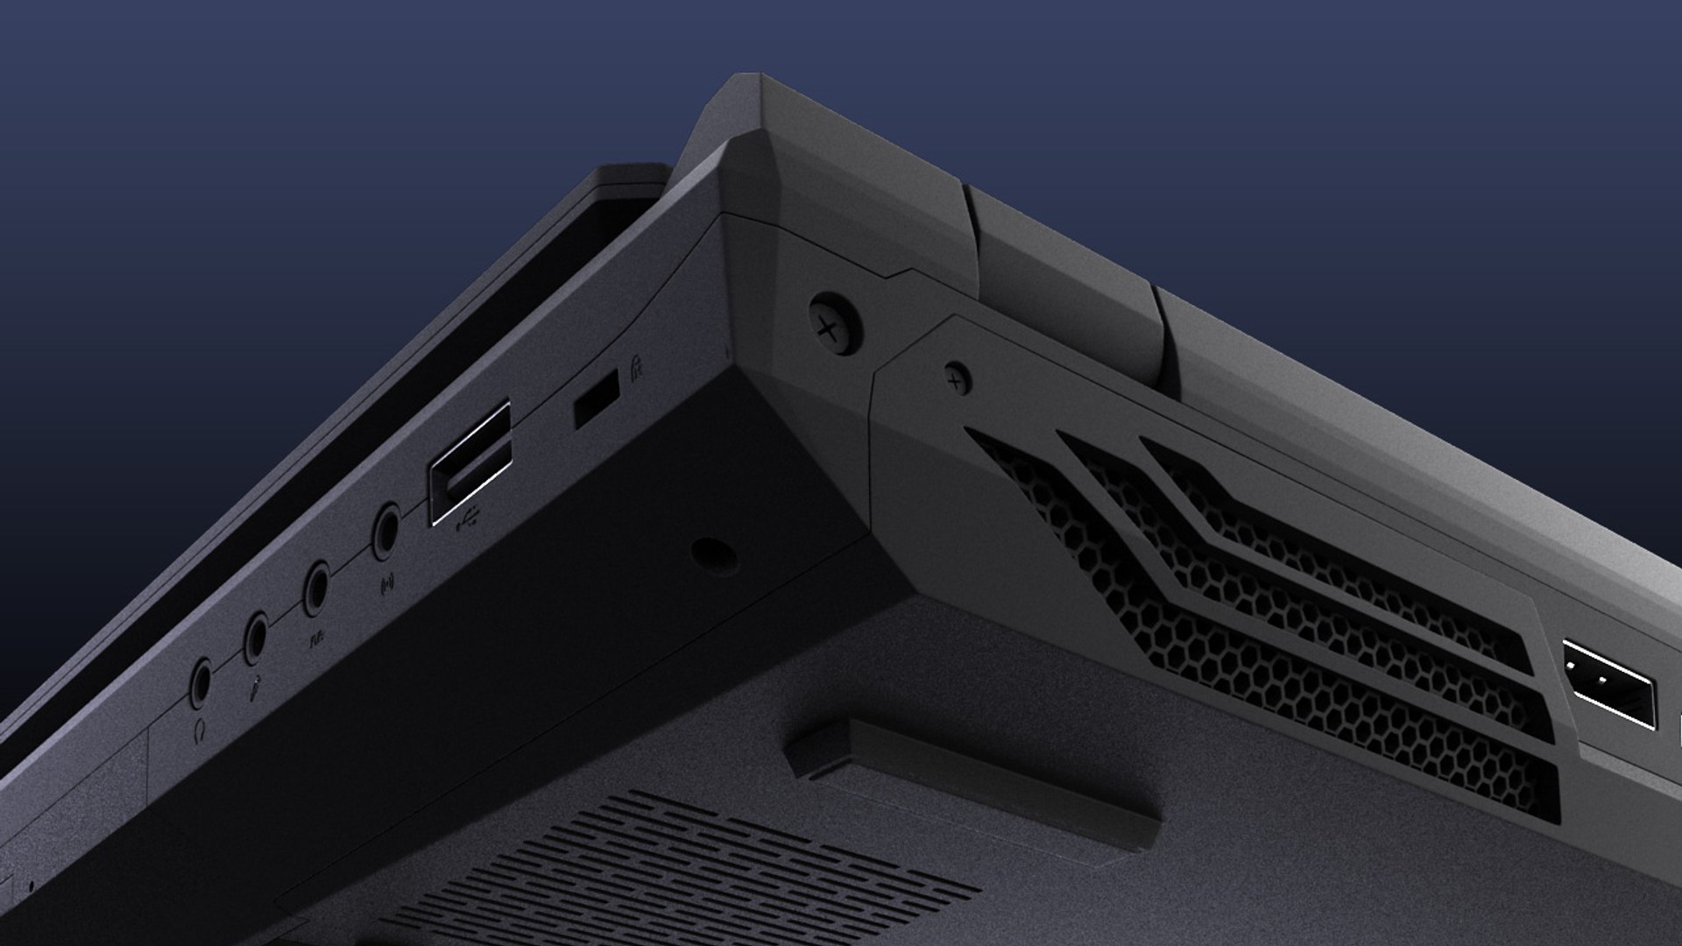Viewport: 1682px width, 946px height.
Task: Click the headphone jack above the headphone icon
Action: [x=201, y=681]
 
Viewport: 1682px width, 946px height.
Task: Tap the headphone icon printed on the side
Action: [x=200, y=729]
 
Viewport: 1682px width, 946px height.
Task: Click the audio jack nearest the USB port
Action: [x=386, y=531]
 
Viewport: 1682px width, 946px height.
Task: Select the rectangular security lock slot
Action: [x=596, y=399]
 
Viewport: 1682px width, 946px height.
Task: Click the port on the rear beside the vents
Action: [x=1608, y=683]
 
